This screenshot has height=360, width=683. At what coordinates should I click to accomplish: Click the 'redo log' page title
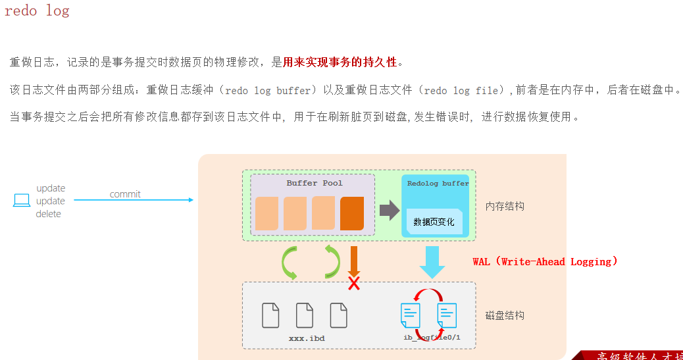37,11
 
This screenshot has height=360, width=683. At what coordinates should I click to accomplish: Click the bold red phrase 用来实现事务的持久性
340,63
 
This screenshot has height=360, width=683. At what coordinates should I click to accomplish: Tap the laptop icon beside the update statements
22,200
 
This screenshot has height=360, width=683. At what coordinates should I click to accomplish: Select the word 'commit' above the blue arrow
125,194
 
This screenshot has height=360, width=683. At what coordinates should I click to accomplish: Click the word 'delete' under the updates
48,214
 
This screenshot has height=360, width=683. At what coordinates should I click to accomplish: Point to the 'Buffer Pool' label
315,183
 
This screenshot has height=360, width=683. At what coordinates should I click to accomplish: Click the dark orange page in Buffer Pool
352,213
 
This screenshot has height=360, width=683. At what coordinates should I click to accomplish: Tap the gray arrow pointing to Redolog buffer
390,211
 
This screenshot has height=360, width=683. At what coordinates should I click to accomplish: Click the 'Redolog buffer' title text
438,184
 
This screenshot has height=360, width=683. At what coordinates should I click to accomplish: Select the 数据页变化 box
434,222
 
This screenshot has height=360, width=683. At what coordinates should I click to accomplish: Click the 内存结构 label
505,206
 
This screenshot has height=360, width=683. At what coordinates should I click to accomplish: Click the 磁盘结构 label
505,315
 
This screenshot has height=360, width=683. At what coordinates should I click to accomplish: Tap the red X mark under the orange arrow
354,283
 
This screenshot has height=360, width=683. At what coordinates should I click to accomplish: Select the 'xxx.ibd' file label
307,338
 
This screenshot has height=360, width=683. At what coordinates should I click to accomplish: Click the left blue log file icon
411,316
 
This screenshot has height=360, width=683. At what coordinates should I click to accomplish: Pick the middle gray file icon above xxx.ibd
305,315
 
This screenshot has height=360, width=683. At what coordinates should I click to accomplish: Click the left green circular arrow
290,261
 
